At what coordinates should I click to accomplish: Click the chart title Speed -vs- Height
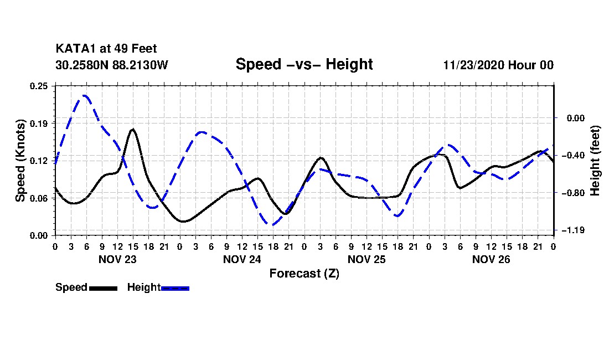click(304, 64)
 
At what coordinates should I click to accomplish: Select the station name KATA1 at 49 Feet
click(106, 49)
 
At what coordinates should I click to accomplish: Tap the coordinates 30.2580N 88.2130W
click(111, 65)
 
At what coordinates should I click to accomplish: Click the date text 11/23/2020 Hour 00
click(498, 65)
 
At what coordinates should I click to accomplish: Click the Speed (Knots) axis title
click(20, 160)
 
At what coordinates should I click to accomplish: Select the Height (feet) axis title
click(596, 161)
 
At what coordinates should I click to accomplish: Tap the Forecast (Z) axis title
click(304, 273)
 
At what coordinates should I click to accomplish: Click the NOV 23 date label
click(117, 259)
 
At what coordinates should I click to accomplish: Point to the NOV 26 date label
click(491, 259)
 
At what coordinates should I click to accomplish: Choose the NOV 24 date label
click(242, 259)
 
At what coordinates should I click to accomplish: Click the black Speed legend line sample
click(102, 288)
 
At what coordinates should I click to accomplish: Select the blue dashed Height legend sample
click(175, 288)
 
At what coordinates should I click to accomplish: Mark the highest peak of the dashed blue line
click(85, 95)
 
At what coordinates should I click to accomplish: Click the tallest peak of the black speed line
click(133, 129)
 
